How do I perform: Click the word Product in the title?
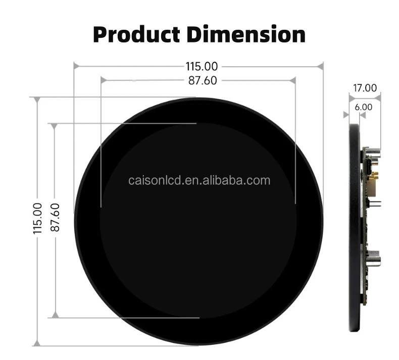click(x=136, y=35)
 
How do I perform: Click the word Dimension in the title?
click(x=246, y=35)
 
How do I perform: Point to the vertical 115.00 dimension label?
click(x=37, y=218)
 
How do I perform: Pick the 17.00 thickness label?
click(x=365, y=88)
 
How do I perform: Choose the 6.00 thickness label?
click(x=364, y=107)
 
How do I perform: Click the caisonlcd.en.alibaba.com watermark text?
click(x=198, y=180)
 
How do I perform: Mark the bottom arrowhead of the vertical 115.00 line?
click(x=37, y=343)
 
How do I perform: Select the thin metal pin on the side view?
click(x=377, y=204)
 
